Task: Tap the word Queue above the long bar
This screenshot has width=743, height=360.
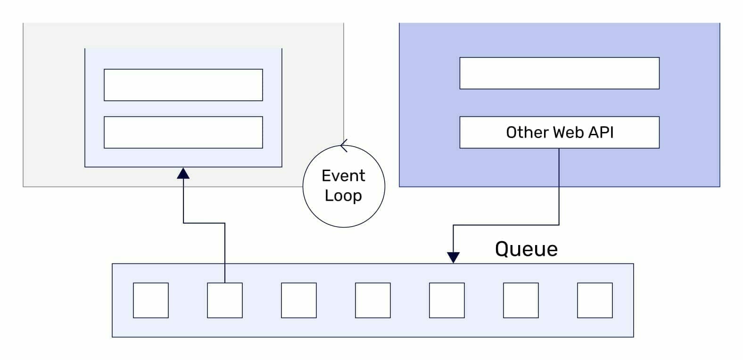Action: (x=526, y=249)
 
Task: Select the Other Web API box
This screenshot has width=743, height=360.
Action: (x=559, y=132)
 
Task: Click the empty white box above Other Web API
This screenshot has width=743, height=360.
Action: (x=559, y=73)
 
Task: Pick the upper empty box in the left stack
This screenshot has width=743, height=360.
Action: (x=183, y=85)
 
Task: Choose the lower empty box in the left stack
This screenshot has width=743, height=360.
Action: (x=183, y=132)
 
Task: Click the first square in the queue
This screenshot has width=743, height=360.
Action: (x=151, y=300)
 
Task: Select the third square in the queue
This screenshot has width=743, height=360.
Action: (x=299, y=300)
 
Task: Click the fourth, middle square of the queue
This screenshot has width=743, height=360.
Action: (x=373, y=300)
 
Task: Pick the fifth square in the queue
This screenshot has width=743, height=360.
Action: (x=447, y=300)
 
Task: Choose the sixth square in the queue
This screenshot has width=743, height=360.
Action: (x=521, y=300)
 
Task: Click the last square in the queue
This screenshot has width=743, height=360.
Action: (x=595, y=300)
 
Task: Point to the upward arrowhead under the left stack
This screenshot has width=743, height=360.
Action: (x=183, y=173)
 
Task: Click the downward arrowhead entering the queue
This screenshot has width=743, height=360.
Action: (x=453, y=257)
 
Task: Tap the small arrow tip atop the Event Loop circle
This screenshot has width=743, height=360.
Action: (x=344, y=146)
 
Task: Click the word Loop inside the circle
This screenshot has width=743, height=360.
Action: (x=343, y=196)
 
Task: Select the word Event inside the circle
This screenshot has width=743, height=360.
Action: (x=343, y=176)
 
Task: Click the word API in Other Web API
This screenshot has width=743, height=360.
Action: (x=601, y=132)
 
